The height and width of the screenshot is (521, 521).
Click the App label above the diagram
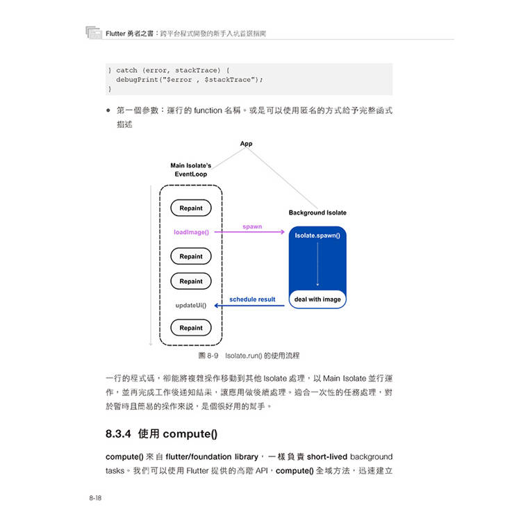[x=246, y=144]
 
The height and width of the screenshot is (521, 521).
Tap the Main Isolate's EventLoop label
[x=191, y=169]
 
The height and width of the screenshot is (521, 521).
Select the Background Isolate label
[x=317, y=213]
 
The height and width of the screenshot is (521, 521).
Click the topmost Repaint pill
[x=191, y=208]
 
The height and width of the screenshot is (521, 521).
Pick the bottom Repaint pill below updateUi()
[x=191, y=328]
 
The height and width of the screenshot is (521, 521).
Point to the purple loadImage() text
[x=192, y=232]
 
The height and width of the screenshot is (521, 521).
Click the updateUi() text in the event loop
[x=191, y=306]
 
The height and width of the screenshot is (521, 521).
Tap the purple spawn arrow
[x=249, y=232]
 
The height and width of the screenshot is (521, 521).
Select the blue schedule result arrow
[x=249, y=306]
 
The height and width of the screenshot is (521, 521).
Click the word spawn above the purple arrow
[x=252, y=226]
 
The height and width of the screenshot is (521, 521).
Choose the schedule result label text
[x=252, y=299]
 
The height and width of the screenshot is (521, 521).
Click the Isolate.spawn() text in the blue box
[x=317, y=235]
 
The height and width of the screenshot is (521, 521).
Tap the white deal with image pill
[x=317, y=299]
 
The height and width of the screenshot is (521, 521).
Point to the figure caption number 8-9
[x=213, y=356]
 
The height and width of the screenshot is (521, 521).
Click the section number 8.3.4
[x=118, y=434]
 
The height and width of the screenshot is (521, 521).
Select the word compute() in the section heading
[x=190, y=434]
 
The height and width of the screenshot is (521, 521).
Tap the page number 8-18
[x=95, y=498]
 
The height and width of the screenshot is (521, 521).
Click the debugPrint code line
[x=190, y=80]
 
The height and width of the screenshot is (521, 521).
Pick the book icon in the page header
[x=94, y=33]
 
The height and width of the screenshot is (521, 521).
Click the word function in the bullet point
[x=208, y=110]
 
